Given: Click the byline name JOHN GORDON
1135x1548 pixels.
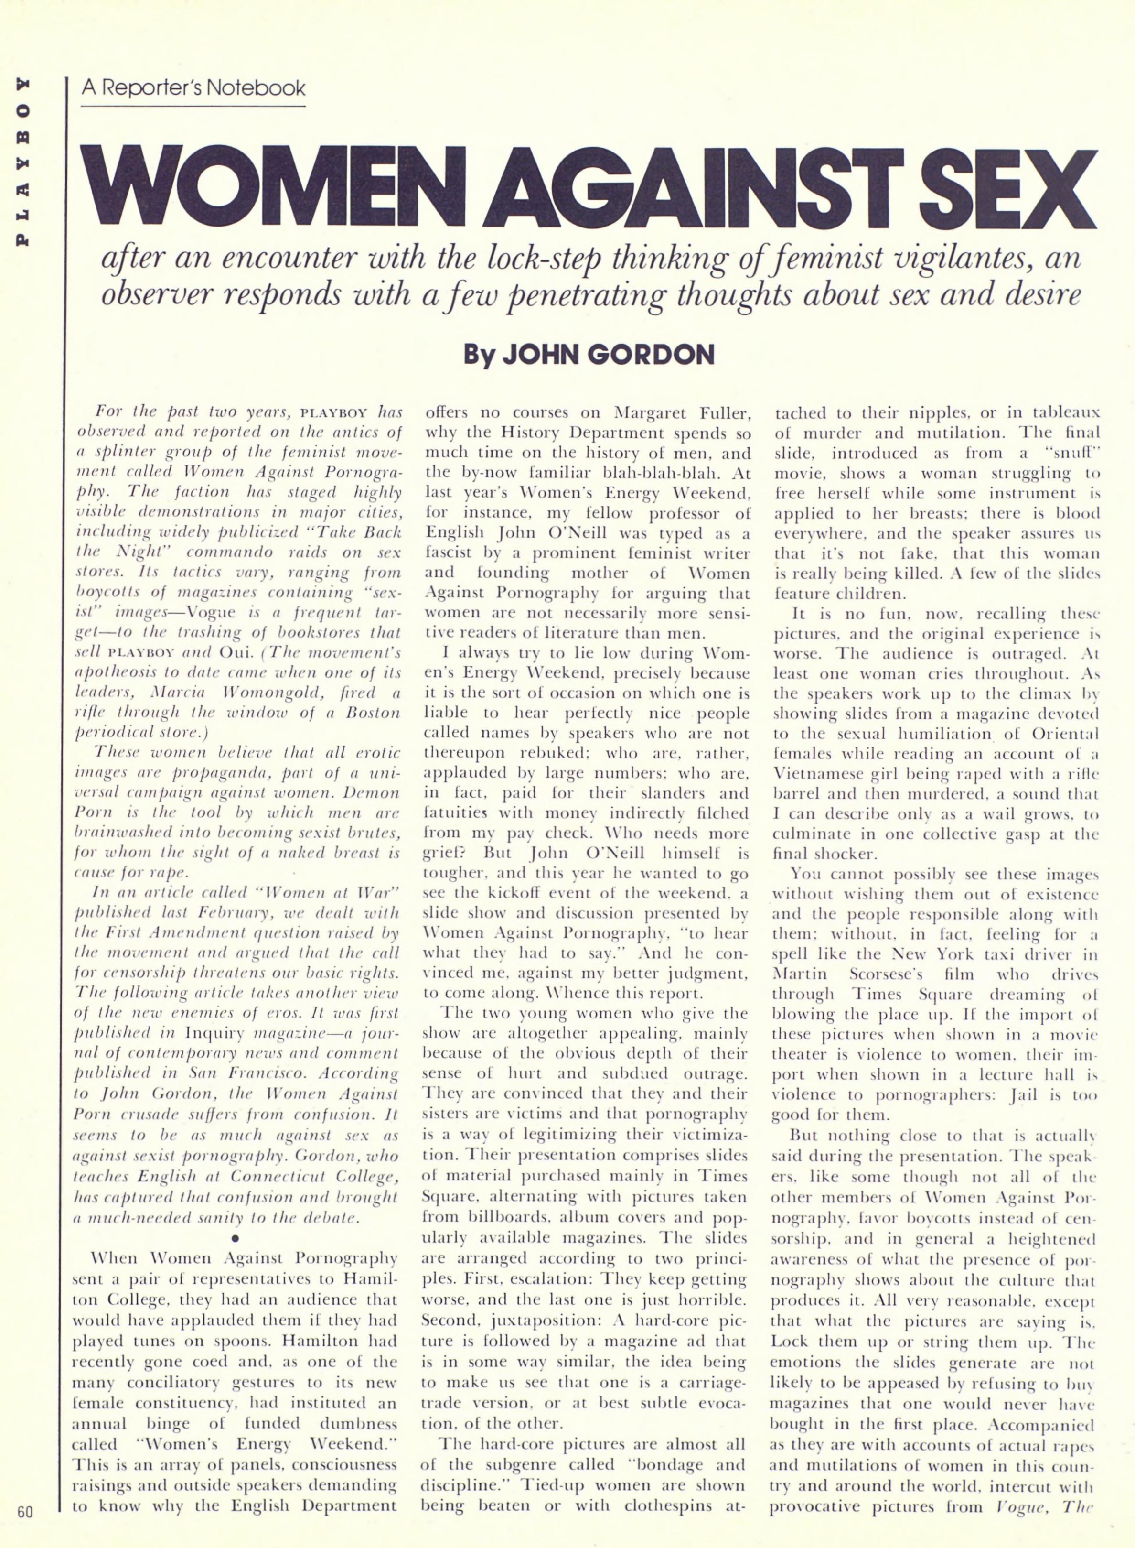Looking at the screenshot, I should pyautogui.click(x=608, y=354).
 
